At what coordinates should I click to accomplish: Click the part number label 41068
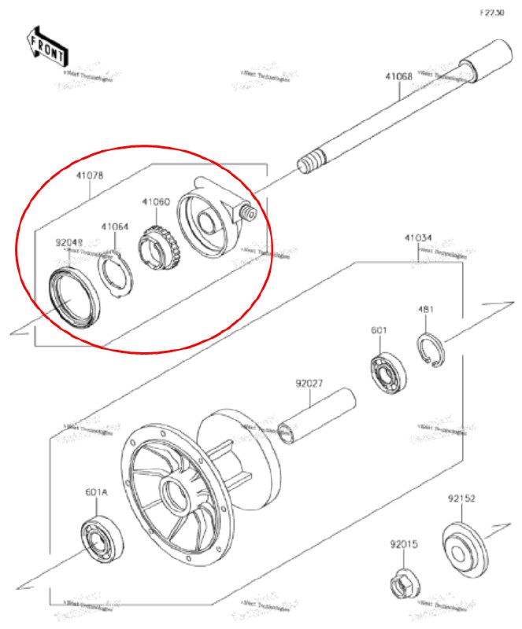click(x=398, y=77)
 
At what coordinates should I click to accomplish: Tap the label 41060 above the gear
click(x=156, y=202)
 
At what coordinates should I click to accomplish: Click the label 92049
click(x=68, y=244)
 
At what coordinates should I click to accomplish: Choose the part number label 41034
click(x=418, y=237)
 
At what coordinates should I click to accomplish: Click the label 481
click(x=426, y=310)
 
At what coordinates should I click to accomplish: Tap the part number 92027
click(x=309, y=384)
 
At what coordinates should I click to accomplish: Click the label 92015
click(x=402, y=543)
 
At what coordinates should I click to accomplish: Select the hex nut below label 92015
click(x=405, y=583)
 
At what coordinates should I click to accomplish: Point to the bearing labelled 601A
click(x=100, y=540)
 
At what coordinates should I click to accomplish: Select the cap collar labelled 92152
click(x=464, y=544)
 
